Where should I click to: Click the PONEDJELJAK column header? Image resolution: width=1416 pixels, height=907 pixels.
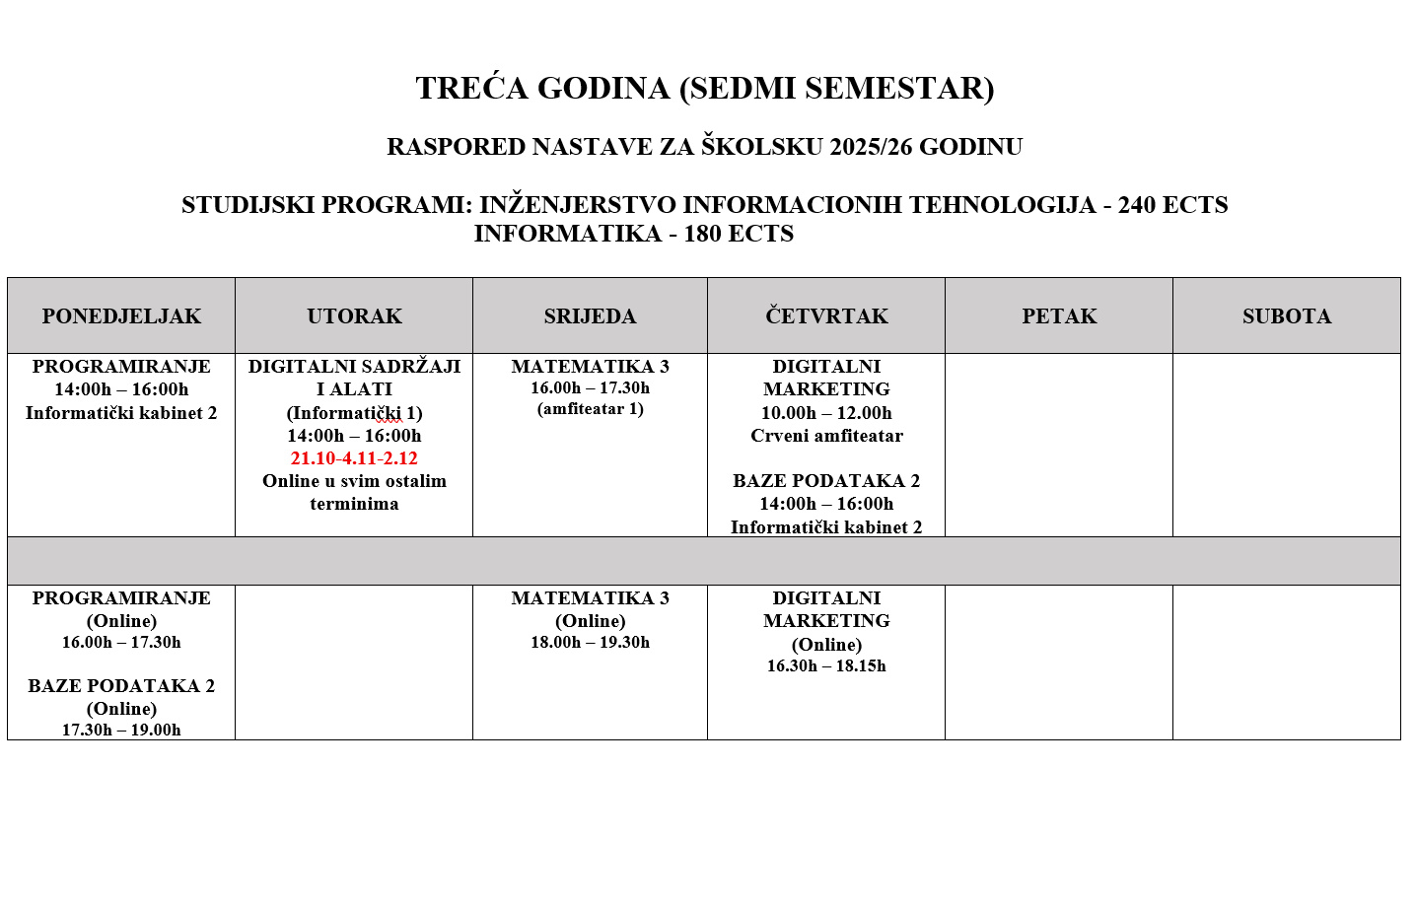[121, 316]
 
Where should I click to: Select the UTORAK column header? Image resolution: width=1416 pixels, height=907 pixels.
[354, 316]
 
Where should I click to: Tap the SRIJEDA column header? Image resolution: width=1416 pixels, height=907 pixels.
[590, 316]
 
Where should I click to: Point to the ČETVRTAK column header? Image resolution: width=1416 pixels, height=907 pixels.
[826, 316]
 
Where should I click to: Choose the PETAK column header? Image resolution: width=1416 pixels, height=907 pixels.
[1059, 316]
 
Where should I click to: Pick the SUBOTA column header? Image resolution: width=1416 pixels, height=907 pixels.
[1286, 316]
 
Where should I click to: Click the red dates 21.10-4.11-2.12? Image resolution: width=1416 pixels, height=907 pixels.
[354, 458]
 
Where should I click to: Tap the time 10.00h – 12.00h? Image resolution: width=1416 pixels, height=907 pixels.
[826, 413]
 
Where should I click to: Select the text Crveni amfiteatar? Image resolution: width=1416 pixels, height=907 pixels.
[826, 436]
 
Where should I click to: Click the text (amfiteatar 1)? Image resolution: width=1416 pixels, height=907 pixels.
[590, 409]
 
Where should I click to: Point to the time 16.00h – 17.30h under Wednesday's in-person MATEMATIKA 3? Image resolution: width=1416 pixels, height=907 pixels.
[590, 388]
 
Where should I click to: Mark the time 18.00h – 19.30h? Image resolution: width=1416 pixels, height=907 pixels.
[590, 643]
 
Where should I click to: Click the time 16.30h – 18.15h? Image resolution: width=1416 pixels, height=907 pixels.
[826, 666]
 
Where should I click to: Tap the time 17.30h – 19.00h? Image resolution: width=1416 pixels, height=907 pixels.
[121, 731]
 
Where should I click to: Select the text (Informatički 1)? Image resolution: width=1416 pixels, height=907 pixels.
[354, 413]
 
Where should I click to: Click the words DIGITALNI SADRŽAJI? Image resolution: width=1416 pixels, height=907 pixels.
[354, 367]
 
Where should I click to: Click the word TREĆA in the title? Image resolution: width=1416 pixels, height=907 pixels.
[472, 89]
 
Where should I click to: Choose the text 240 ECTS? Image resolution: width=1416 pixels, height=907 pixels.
[1172, 205]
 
